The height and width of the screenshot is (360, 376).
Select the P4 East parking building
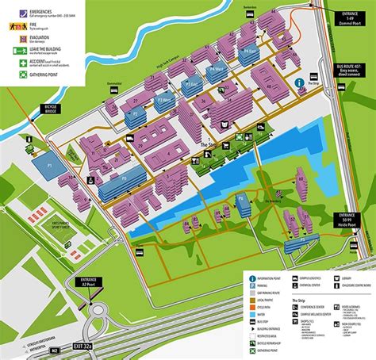pyautogui.click(x=251, y=54)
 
